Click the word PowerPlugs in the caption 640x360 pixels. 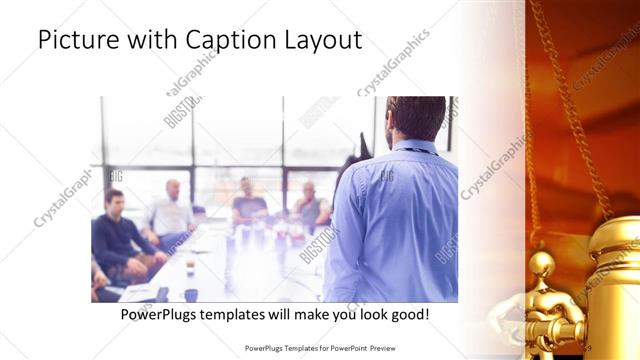pyautogui.click(x=159, y=314)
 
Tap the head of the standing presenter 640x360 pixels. pyautogui.click(x=415, y=119)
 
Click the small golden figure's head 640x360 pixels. pyautogui.click(x=541, y=264)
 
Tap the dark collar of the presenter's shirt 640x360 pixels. pyautogui.click(x=409, y=147)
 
